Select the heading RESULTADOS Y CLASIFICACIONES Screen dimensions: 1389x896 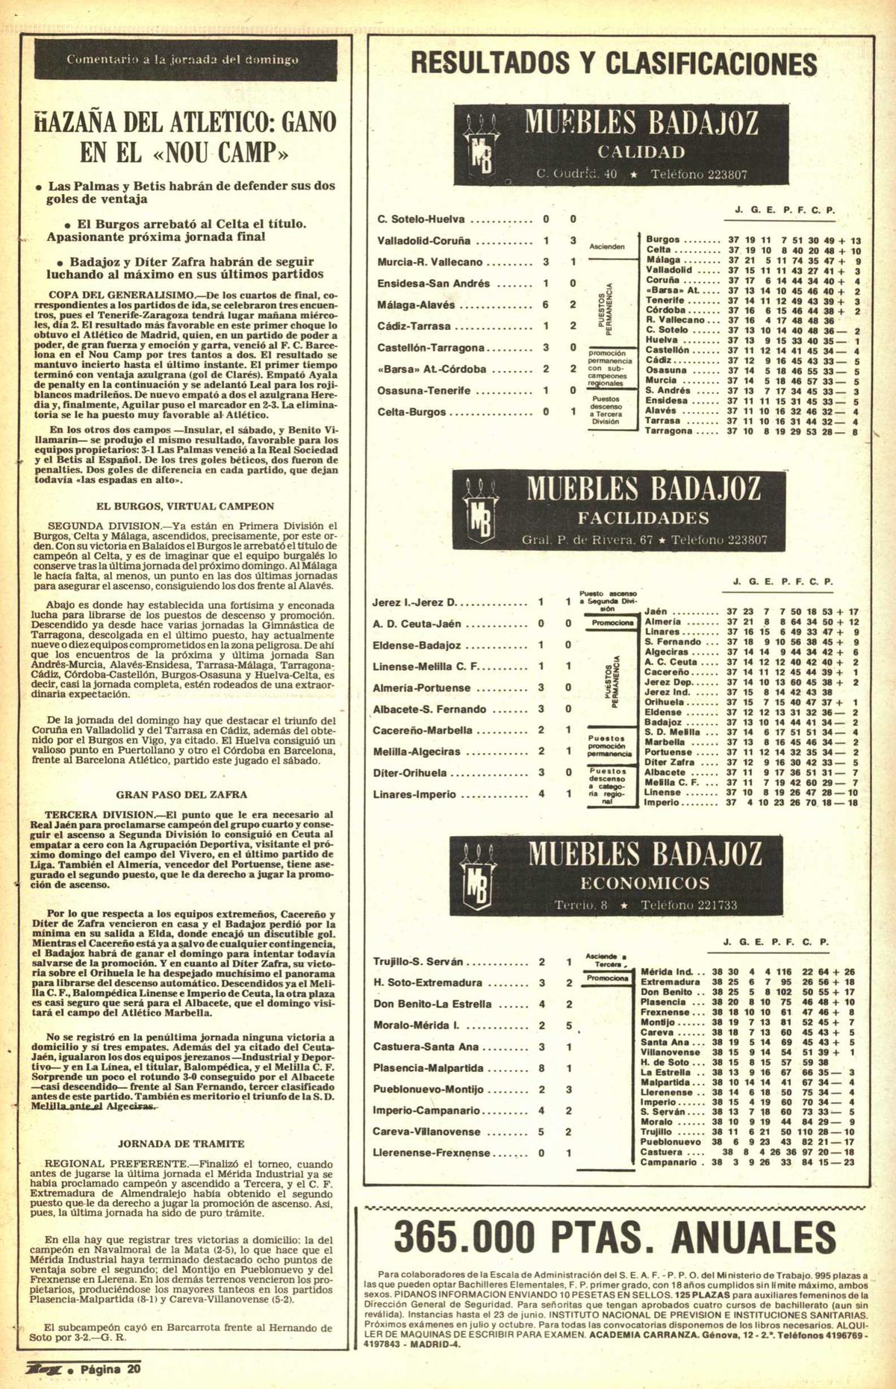(x=614, y=63)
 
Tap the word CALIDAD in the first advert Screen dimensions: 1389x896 (x=641, y=152)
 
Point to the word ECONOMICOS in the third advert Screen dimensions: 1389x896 (x=644, y=884)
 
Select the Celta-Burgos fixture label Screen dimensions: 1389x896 (x=411, y=412)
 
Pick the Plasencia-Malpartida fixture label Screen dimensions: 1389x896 (x=428, y=1068)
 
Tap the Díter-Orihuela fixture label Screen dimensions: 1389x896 (x=410, y=773)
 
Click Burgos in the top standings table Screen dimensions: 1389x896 (x=662, y=240)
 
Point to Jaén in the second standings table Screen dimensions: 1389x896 (x=656, y=611)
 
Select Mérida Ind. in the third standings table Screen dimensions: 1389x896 (x=667, y=972)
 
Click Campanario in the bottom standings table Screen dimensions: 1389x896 (x=669, y=1162)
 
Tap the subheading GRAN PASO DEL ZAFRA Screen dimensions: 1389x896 (x=181, y=795)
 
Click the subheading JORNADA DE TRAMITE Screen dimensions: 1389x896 (x=181, y=1143)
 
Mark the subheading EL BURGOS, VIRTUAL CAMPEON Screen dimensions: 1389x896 (x=185, y=506)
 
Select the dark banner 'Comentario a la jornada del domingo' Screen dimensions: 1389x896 (x=184, y=59)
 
